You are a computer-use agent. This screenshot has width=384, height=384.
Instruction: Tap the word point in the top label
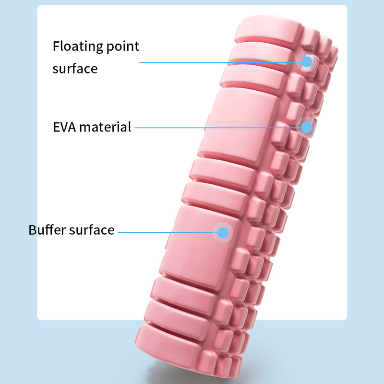tap(123, 47)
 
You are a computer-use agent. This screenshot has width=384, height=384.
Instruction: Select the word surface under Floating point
tap(75, 69)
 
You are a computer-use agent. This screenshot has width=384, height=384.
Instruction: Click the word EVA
tap(64, 127)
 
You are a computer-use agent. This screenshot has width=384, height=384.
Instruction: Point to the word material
tap(105, 127)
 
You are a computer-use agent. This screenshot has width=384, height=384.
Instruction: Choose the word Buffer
tap(47, 230)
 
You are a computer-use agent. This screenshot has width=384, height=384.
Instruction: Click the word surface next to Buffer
tap(92, 230)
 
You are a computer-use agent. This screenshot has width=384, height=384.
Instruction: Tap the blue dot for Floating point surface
tap(307, 62)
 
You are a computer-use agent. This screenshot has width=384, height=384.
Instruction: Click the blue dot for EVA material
tap(307, 127)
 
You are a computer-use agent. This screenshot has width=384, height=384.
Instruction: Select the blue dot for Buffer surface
tap(223, 232)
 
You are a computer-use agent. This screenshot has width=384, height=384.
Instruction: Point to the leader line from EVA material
tap(218, 128)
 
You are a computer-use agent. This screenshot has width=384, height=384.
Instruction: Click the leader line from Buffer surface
tap(168, 232)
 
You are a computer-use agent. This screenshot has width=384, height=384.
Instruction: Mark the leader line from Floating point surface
tap(220, 62)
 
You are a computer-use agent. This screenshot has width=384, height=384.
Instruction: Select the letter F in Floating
tap(57, 46)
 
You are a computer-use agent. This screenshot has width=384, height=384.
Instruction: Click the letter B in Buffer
tap(33, 230)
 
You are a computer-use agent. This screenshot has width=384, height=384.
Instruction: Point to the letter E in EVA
tap(57, 127)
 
